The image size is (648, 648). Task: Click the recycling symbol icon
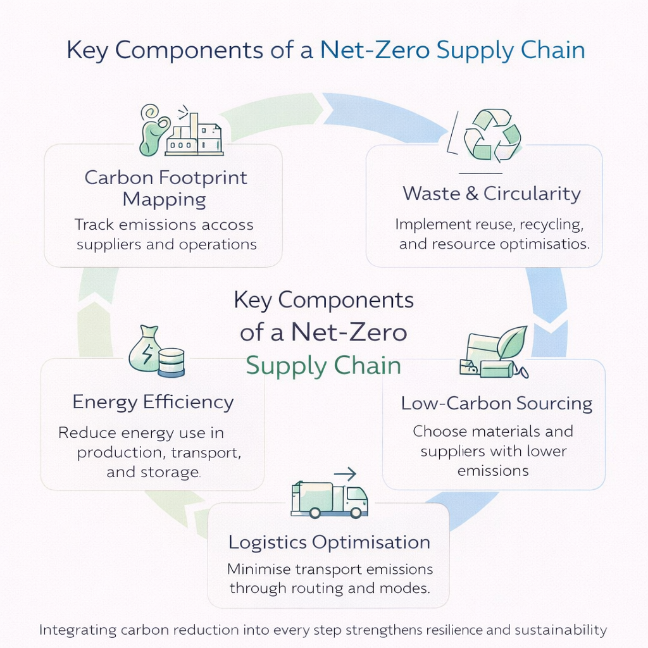coord(492,135)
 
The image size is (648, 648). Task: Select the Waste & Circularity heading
coord(492,193)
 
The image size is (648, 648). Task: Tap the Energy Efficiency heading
coord(153,402)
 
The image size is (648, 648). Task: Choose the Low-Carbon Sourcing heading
coord(497,404)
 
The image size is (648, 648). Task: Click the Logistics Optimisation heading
coord(329,542)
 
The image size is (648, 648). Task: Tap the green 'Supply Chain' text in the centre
coord(323,366)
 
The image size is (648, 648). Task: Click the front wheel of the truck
coord(356,513)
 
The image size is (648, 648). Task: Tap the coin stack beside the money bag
coord(171,363)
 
